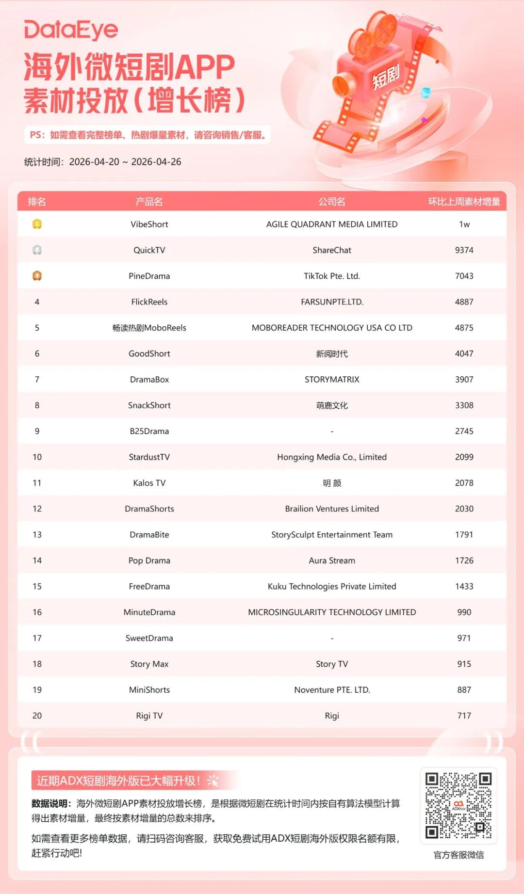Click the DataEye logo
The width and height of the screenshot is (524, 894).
pos(71,30)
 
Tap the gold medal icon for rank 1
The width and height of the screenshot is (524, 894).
pos(37,224)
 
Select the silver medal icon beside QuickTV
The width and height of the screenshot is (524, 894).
pos(37,250)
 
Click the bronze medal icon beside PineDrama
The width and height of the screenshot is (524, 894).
pos(37,276)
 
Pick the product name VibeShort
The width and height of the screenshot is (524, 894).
pos(149,224)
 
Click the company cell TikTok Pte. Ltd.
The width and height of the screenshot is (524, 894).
pos(332,276)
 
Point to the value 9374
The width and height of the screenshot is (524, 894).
pos(464,250)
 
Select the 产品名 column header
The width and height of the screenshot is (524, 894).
pos(149,202)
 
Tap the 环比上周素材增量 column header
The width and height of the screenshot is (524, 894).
pos(463,202)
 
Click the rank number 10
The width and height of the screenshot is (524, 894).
pos(37,457)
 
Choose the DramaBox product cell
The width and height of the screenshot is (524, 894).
pos(149,380)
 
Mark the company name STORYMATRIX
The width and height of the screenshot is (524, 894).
pos(332,380)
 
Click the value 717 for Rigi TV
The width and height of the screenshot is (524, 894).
pos(464,716)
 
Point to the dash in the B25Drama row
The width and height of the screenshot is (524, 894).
pos(332,431)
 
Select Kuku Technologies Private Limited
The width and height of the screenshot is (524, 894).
pos(332,587)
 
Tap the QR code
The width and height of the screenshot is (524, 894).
pos(458,805)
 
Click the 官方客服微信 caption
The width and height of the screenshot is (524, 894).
pos(458,855)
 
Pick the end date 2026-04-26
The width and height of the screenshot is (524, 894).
pos(156,162)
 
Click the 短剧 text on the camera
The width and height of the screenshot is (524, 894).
pos(386,76)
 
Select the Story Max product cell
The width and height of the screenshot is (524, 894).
pos(149,664)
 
